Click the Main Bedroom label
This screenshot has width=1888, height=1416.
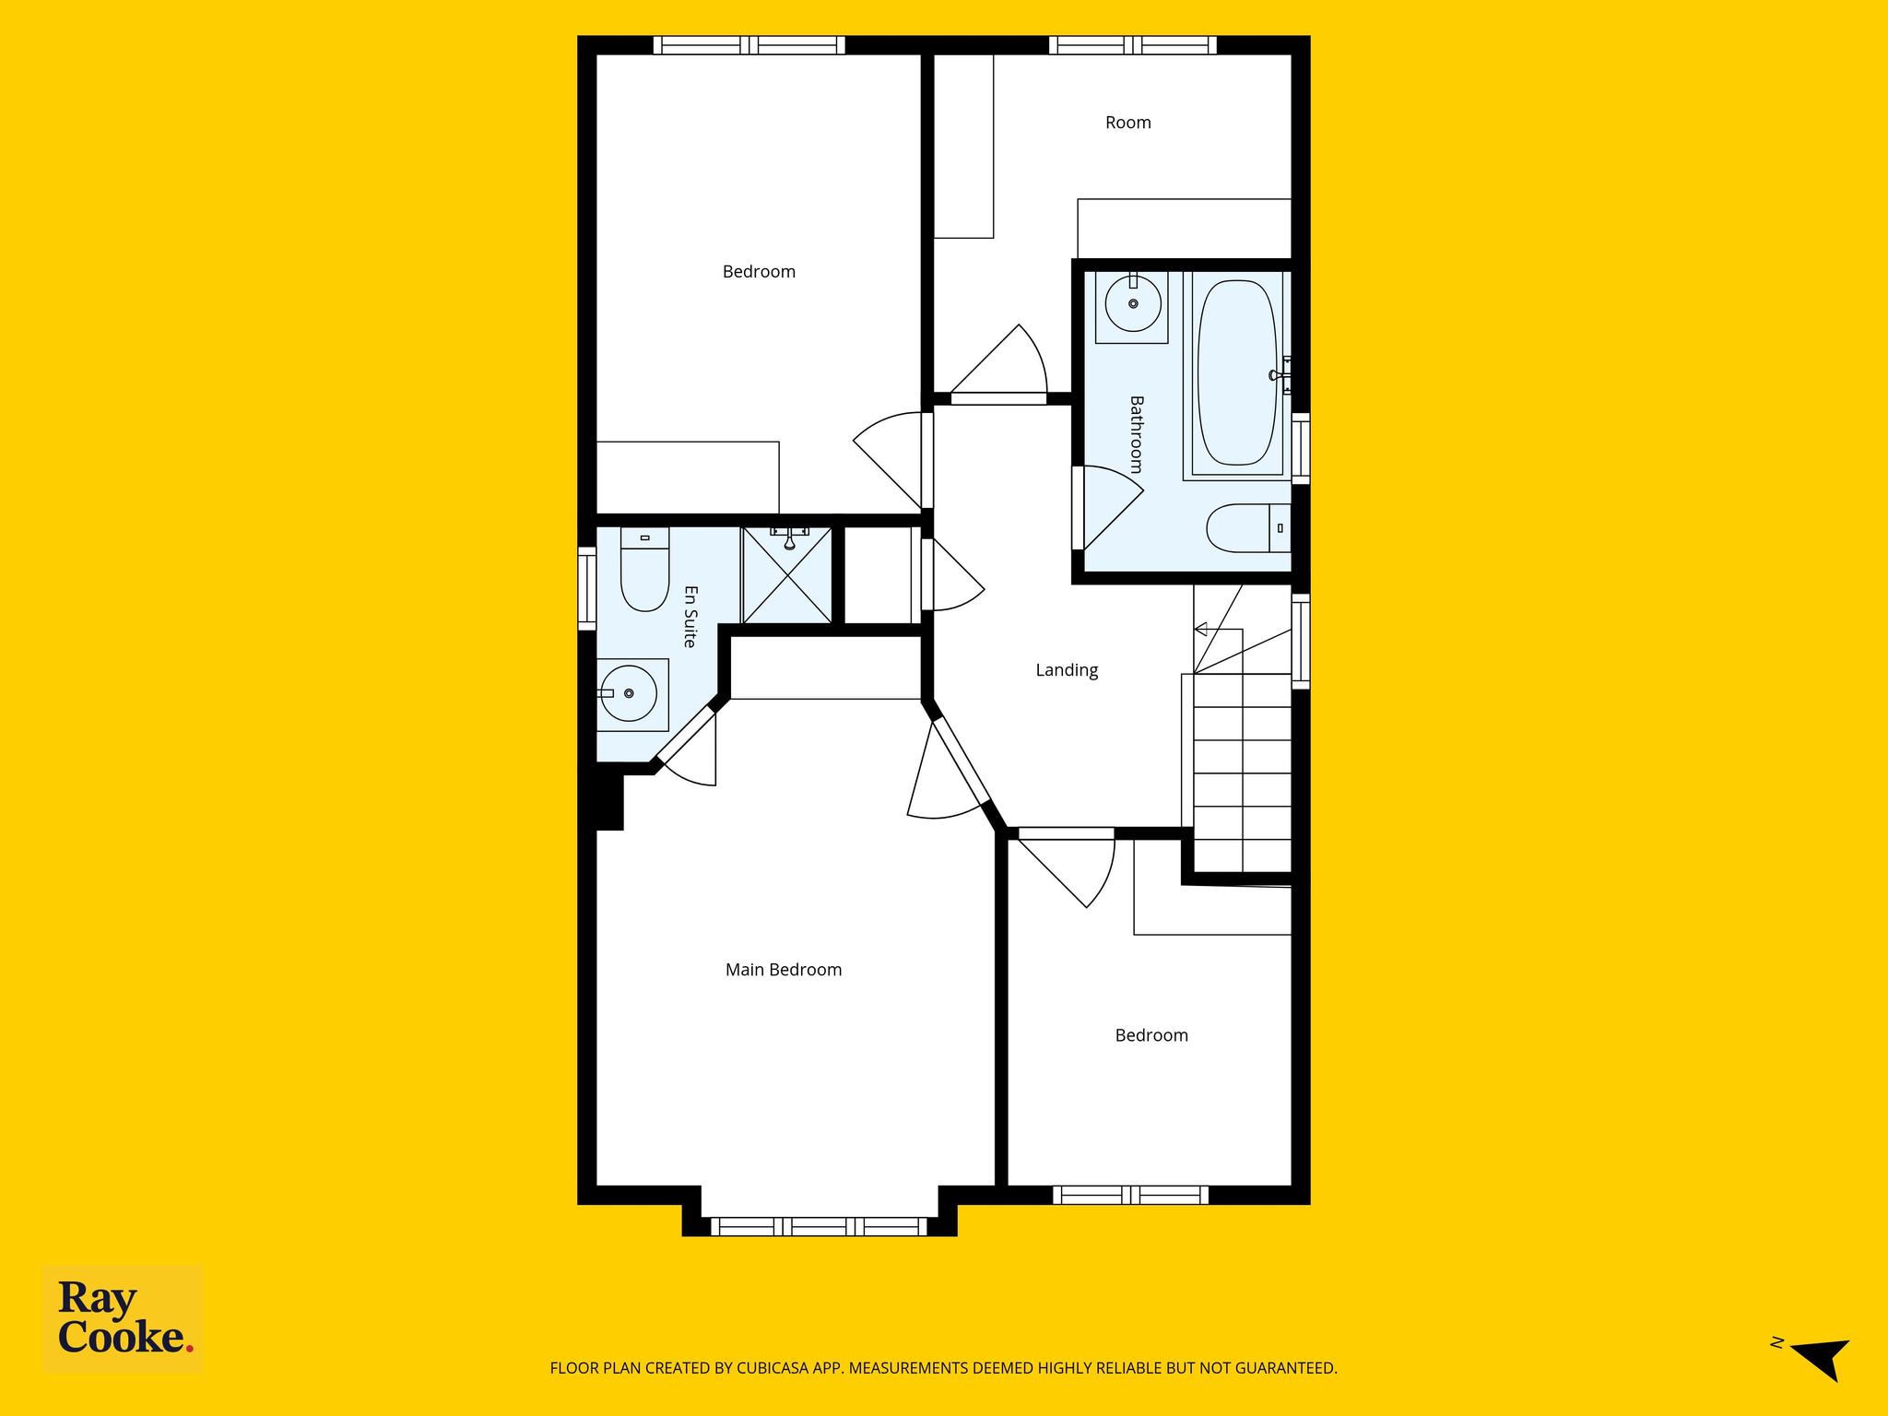[784, 970]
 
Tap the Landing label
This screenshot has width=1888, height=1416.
[1067, 670]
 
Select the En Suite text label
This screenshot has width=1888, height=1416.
[690, 617]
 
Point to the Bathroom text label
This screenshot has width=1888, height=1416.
[1137, 434]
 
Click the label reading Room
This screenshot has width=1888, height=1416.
[1128, 123]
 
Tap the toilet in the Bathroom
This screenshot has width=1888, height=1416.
[1249, 528]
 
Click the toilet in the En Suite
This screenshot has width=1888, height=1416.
[644, 569]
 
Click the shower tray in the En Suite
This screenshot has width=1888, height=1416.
[787, 575]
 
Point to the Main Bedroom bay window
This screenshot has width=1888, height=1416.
[819, 1226]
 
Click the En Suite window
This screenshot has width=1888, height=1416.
[587, 589]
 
